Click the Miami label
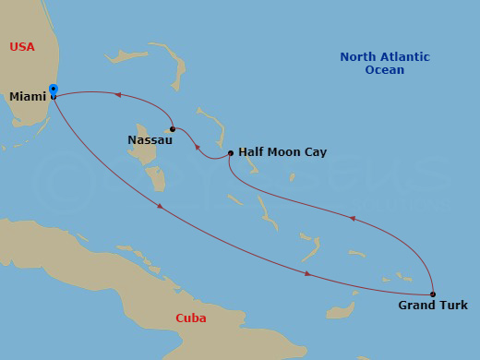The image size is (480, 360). pyautogui.click(x=28, y=96)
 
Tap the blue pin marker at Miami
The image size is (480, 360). pyautogui.click(x=54, y=90)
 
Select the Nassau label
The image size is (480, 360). pyautogui.click(x=149, y=140)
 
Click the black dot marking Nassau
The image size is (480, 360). pyautogui.click(x=173, y=128)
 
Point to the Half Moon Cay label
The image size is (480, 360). pyautogui.click(x=282, y=152)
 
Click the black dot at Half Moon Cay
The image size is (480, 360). pyautogui.click(x=230, y=153)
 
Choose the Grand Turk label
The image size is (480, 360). pyautogui.click(x=433, y=306)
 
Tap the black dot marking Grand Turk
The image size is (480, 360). pyautogui.click(x=433, y=294)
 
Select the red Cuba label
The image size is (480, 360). pyautogui.click(x=190, y=318)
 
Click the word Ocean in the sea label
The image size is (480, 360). pyautogui.click(x=384, y=70)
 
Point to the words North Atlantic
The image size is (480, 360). pyautogui.click(x=385, y=57)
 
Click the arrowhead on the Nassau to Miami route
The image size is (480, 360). pyautogui.click(x=117, y=93)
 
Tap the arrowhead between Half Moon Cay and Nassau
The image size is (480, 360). pyautogui.click(x=198, y=147)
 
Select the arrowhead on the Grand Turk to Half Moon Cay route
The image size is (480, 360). pyautogui.click(x=352, y=219)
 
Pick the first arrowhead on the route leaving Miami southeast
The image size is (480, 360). pyautogui.click(x=160, y=206)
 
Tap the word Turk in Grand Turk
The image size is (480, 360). pyautogui.click(x=453, y=306)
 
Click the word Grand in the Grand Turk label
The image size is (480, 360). pyautogui.click(x=416, y=306)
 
